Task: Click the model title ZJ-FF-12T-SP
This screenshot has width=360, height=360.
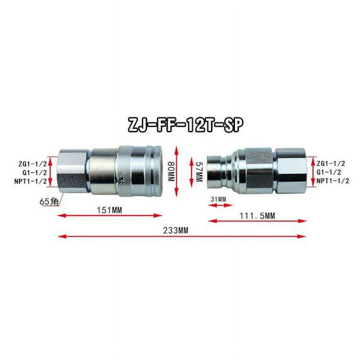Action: click(185, 124)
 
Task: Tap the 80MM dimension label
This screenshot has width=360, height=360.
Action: click(172, 172)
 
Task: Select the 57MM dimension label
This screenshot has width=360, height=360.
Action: click(199, 172)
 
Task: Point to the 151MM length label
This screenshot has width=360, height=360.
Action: click(109, 210)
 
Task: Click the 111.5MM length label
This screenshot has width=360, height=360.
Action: click(257, 216)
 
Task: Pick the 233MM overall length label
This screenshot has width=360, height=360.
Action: click(176, 231)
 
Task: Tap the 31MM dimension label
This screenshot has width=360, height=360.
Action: click(218, 199)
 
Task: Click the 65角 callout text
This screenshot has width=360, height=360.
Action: click(49, 202)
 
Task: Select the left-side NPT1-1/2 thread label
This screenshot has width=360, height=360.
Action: click(31, 182)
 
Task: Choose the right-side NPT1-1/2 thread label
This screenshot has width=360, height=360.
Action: click(333, 181)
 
